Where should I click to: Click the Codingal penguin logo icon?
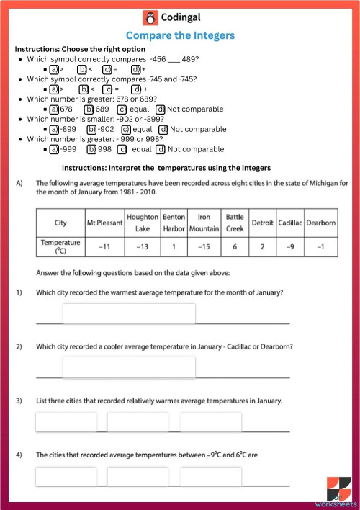(x=149, y=19)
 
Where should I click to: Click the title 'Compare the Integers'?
(x=180, y=35)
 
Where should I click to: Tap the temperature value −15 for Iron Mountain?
(x=204, y=247)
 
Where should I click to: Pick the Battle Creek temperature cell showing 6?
(x=235, y=247)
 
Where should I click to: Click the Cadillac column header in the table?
(x=291, y=223)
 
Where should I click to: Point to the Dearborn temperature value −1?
(x=321, y=247)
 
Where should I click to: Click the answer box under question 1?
(x=129, y=314)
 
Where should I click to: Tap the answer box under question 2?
(x=129, y=367)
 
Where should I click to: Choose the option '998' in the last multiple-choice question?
(x=101, y=149)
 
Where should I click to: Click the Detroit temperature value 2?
(x=263, y=247)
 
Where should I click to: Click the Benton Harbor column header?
(x=174, y=223)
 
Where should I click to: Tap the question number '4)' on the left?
(x=19, y=455)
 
